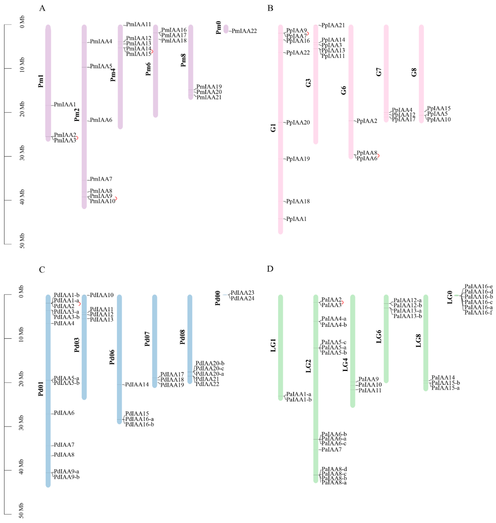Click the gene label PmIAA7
click(101, 179)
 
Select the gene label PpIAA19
click(298, 159)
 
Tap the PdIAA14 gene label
click(137, 384)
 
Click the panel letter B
click(270, 8)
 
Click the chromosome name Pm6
click(148, 69)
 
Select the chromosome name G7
click(379, 72)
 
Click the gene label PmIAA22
click(244, 31)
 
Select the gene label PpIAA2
click(367, 121)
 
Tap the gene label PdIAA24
click(242, 298)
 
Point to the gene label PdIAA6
click(64, 413)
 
